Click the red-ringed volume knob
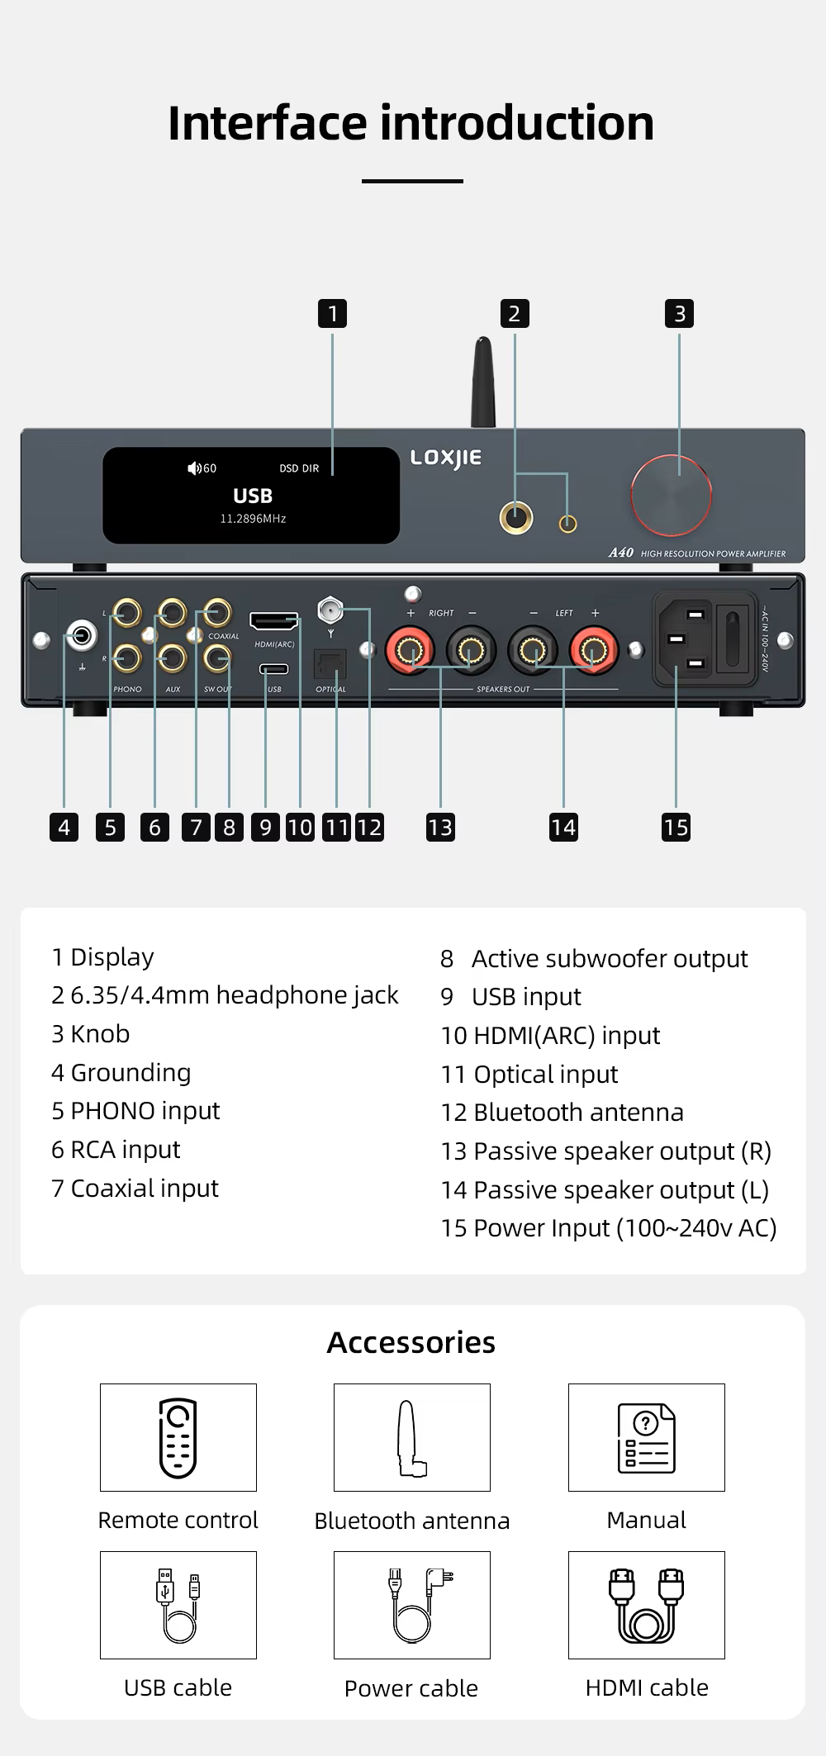[x=671, y=496]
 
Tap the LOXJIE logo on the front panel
[x=446, y=458]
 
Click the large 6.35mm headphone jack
[x=516, y=518]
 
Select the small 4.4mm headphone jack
[x=568, y=523]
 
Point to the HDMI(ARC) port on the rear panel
[x=274, y=620]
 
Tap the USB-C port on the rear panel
[x=274, y=668]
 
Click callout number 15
[x=676, y=827]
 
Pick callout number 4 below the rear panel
[x=64, y=827]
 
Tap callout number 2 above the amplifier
[x=515, y=314]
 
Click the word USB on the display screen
[x=253, y=496]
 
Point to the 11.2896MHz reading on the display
[x=253, y=519]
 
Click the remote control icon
[x=178, y=1437]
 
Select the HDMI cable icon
[x=647, y=1605]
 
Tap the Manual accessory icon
[x=647, y=1437]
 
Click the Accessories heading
[x=411, y=1342]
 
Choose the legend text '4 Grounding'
[x=121, y=1072]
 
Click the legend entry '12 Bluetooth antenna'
[x=563, y=1112]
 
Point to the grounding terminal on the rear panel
[x=82, y=636]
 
